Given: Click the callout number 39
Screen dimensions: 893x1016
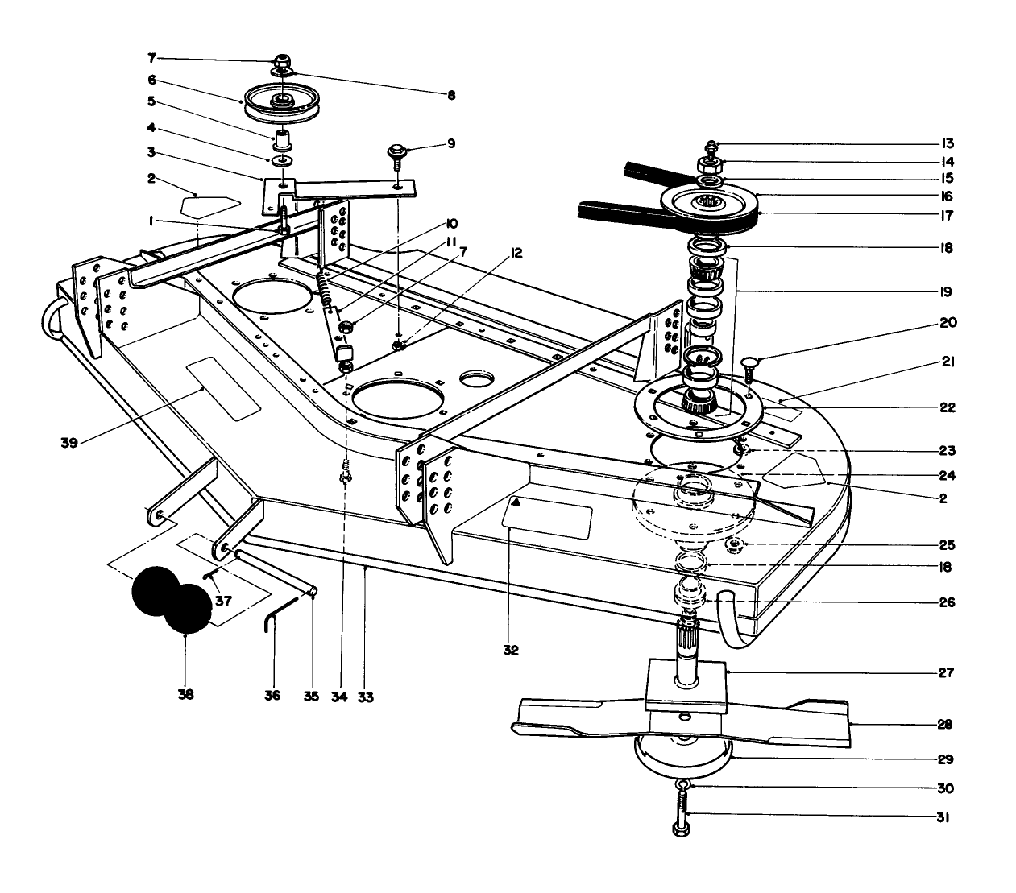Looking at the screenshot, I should pos(69,441).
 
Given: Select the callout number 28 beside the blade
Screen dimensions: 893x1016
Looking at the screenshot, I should pos(945,725).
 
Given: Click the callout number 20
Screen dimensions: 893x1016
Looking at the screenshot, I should pos(948,323).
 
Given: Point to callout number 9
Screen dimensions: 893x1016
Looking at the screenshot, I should pos(451,143).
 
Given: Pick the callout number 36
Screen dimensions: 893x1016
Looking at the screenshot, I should pos(272,695).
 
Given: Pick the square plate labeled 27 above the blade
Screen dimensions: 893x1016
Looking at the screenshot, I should pos(686,684).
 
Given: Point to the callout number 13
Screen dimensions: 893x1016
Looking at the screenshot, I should pos(947,144).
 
